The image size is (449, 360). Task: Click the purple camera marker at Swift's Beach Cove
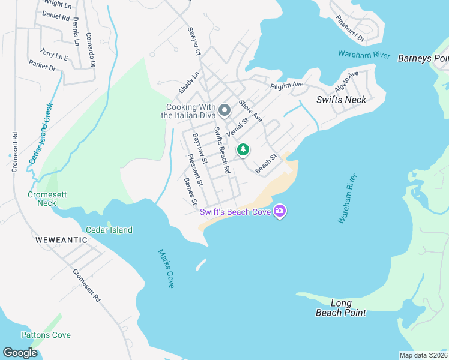point(279,211)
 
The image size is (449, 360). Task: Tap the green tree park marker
point(243,149)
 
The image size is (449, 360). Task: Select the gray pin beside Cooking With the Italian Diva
point(224,110)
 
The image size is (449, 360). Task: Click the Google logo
point(20,353)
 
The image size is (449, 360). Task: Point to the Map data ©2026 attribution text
point(423,355)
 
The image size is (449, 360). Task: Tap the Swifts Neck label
point(341,100)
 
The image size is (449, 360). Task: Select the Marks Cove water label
point(166,268)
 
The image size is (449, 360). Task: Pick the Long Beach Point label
point(340,308)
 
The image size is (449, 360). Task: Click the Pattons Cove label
point(46,335)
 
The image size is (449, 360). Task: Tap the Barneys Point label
point(423,58)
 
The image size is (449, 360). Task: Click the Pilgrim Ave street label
point(287,86)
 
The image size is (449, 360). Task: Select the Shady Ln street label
point(188,83)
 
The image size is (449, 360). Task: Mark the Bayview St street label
point(199,149)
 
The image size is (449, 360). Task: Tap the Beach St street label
point(265,164)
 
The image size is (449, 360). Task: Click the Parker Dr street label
point(42,65)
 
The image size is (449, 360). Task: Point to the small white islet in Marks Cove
point(200,264)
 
